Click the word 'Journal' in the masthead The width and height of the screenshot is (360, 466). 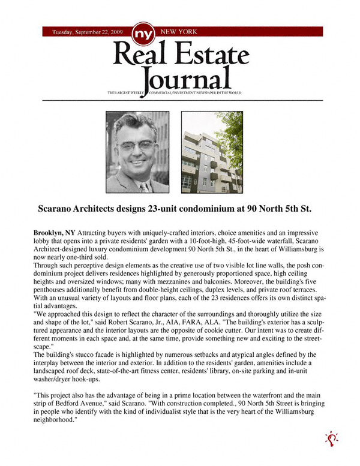187,79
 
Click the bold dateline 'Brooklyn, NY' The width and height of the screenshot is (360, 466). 54,232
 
